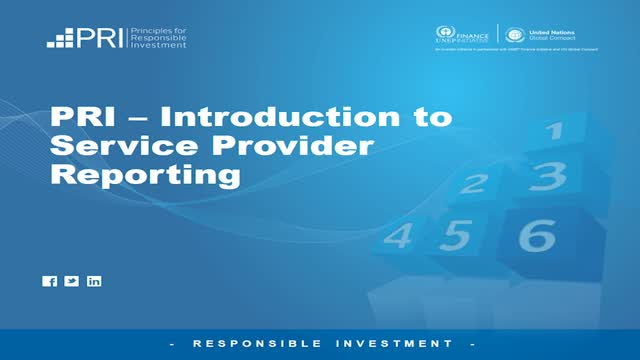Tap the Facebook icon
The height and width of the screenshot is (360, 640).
[50, 281]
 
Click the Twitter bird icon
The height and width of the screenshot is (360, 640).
[72, 281]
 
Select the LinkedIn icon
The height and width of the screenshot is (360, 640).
[94, 281]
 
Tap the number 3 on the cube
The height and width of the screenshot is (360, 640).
[549, 176]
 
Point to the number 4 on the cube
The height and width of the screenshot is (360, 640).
[399, 236]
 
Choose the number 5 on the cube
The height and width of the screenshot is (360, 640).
[457, 235]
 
